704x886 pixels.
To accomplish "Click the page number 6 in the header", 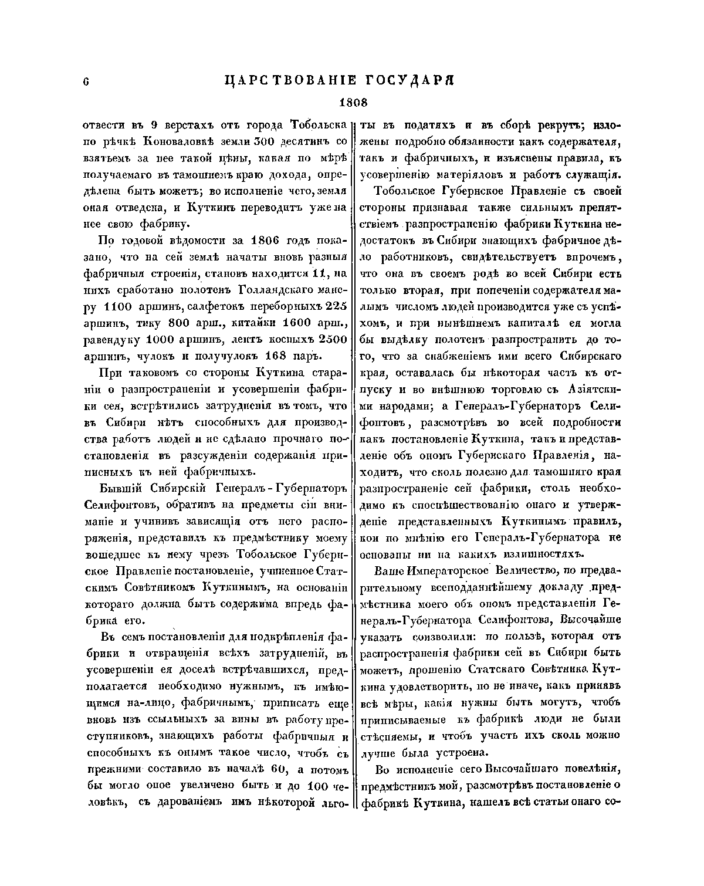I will [86, 82].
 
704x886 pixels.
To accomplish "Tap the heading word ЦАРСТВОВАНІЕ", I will [287, 81].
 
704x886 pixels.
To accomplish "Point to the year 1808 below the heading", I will [353, 103].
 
